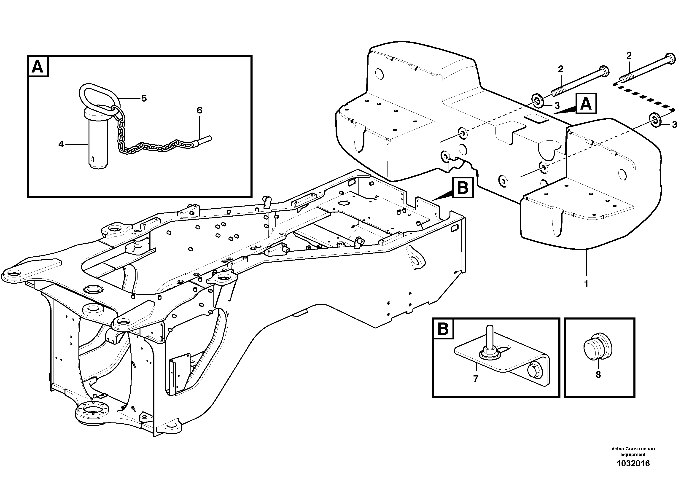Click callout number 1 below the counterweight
click(586, 284)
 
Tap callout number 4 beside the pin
click(61, 144)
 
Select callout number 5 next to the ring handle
click(144, 98)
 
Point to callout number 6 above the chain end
click(199, 110)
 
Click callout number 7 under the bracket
click(476, 379)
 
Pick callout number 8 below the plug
click(598, 375)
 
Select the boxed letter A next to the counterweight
click(586, 104)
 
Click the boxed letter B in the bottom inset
click(443, 329)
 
